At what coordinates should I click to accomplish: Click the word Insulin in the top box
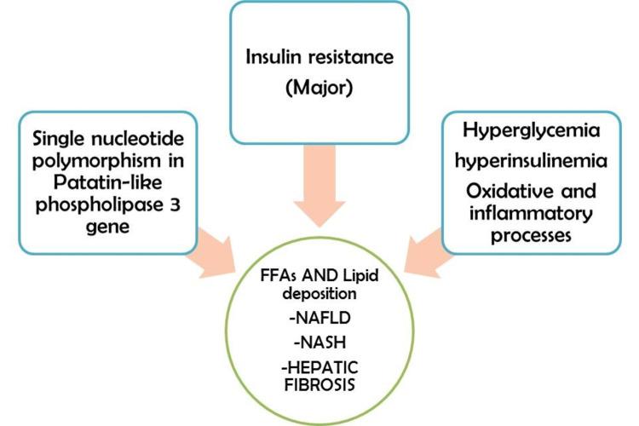point(269,59)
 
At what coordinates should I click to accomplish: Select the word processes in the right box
point(536,236)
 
